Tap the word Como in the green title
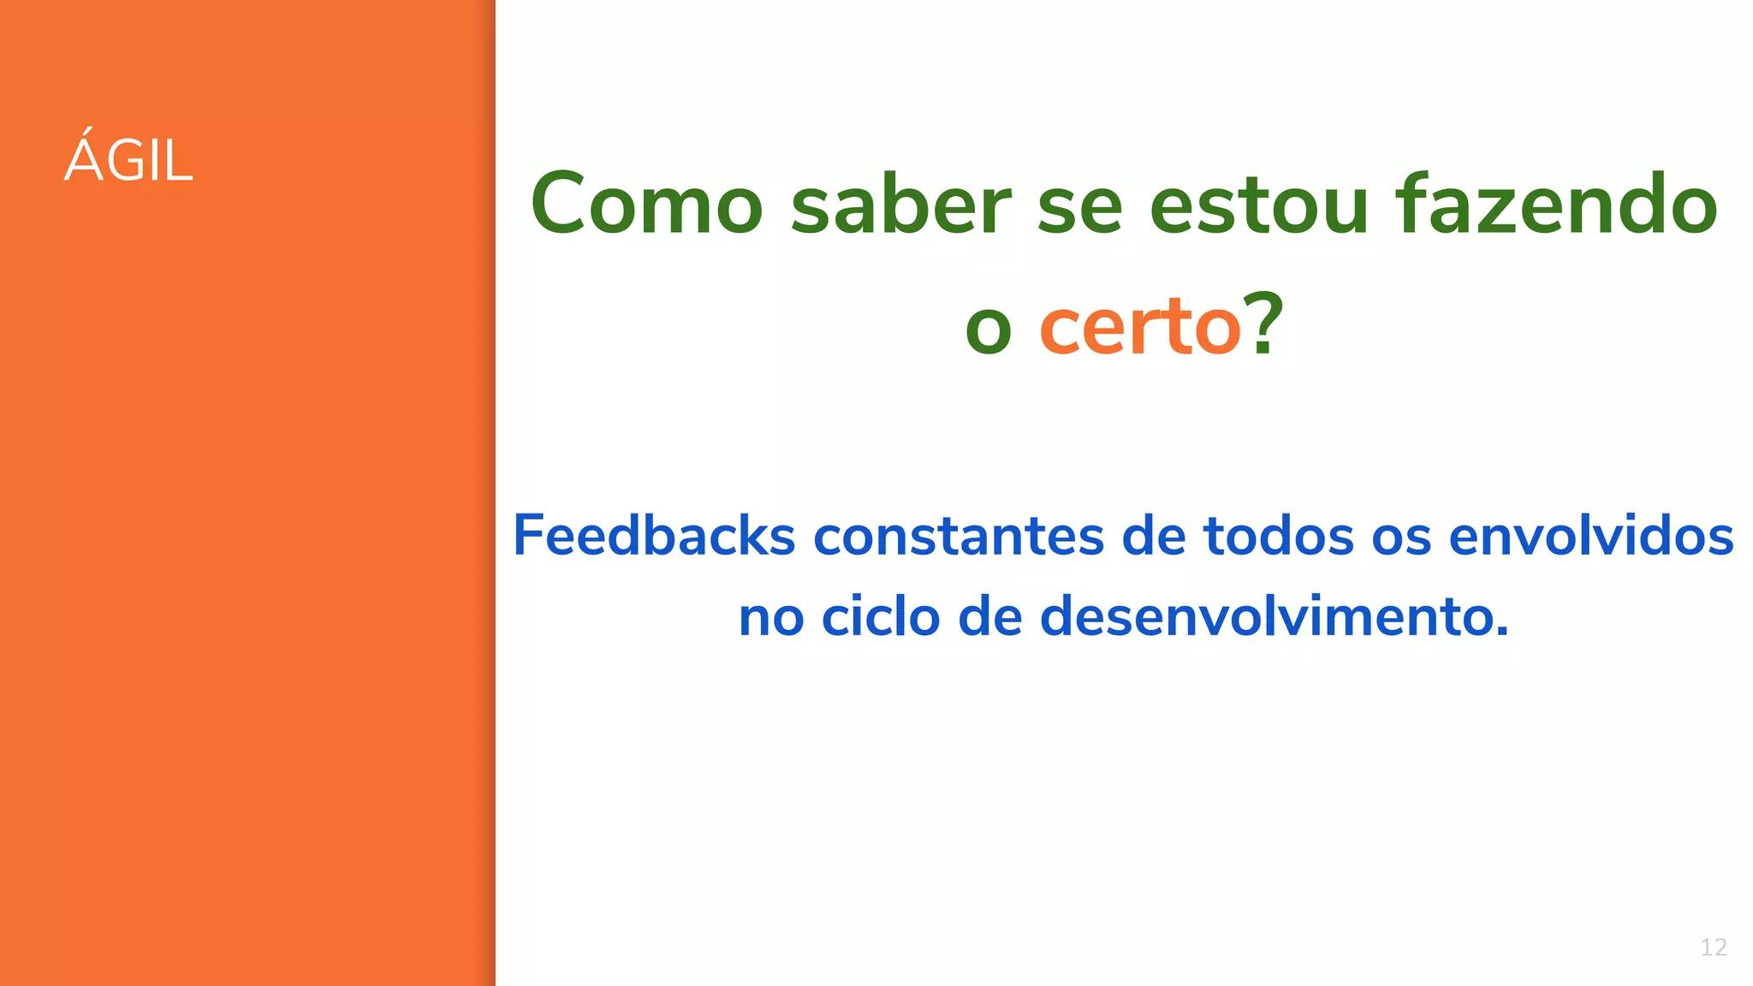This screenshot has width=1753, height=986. click(x=646, y=205)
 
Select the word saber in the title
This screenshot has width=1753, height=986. click(x=900, y=205)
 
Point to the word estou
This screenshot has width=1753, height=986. click(x=1259, y=206)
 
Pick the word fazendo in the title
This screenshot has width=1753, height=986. click(x=1556, y=205)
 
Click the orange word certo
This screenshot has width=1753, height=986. click(x=1139, y=327)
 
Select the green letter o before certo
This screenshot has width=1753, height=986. click(x=989, y=332)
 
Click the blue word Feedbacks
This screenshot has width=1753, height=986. click(x=654, y=536)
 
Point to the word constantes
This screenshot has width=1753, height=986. click(x=958, y=538)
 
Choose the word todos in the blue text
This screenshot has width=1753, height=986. click(x=1279, y=536)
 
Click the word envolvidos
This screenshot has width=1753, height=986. click(x=1591, y=536)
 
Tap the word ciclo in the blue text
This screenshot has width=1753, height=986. click(x=881, y=616)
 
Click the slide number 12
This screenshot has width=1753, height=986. click(x=1713, y=947)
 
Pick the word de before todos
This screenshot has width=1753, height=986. click(x=1153, y=536)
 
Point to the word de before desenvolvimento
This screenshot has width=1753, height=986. click(x=989, y=616)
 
